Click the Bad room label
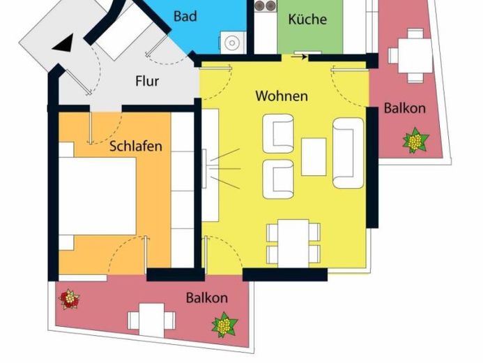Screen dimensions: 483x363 pos(185,16)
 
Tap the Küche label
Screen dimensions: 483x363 pos(307,19)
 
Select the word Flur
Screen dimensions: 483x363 pos(147,81)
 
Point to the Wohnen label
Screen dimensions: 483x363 pos(282,96)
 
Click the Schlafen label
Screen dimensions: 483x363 pos(136,146)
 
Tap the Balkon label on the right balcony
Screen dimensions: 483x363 pos(405,108)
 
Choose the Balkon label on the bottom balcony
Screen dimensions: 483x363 pos(207,298)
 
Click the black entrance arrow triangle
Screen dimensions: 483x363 pos(63,43)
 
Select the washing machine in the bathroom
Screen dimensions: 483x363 pos(233,43)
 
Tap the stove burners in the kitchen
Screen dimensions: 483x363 pos(265,6)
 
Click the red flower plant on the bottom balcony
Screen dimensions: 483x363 pos(70,299)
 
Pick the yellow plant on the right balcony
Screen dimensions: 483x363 pos(415,140)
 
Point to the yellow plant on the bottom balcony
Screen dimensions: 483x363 pos(225,325)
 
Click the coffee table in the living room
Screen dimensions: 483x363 pos(314,156)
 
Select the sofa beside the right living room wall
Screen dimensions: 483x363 pos(348,153)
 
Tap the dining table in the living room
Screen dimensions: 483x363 pos(293,244)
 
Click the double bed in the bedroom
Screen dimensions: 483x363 pos(98,196)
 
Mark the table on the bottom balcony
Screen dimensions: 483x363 pos(151,320)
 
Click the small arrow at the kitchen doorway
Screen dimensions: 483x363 pos(299,57)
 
